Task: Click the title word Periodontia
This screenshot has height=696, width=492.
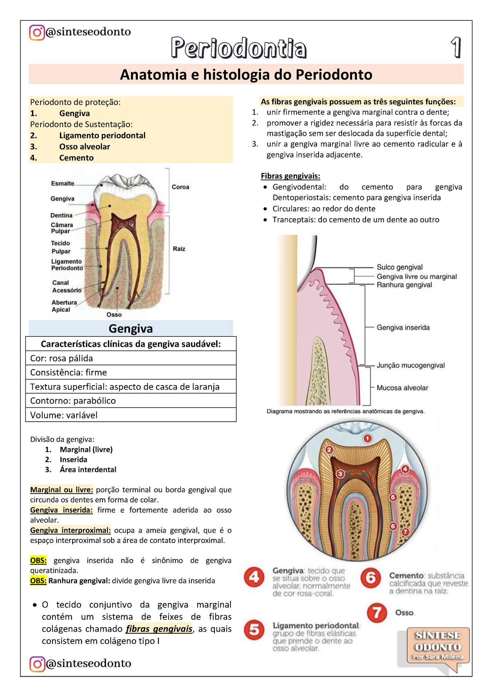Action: click(x=239, y=48)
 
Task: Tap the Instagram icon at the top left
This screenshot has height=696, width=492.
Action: click(x=37, y=32)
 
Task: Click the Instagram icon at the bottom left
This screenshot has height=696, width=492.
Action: click(x=37, y=664)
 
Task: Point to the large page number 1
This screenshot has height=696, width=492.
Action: click(x=456, y=48)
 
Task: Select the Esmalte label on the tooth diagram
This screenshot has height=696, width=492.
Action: click(x=63, y=183)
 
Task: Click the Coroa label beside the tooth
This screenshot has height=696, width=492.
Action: click(x=180, y=187)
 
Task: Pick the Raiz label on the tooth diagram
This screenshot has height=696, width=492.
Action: click(x=179, y=249)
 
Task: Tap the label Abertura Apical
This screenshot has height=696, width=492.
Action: click(x=64, y=306)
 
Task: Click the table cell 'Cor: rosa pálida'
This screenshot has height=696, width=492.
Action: click(x=131, y=358)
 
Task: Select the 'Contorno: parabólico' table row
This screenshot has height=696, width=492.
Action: click(x=131, y=401)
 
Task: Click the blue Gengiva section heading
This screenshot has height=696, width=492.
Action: click(x=131, y=329)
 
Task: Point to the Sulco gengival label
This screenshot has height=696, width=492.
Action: click(x=399, y=267)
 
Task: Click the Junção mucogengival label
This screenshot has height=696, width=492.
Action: click(x=410, y=365)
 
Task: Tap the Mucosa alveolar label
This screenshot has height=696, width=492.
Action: click(x=402, y=388)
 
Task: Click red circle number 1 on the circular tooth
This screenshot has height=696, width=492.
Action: click(x=367, y=438)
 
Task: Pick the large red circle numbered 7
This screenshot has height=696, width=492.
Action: click(x=377, y=613)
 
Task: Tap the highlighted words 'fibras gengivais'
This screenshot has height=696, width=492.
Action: click(x=159, y=629)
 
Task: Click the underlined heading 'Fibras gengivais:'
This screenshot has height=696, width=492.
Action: click(x=290, y=176)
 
